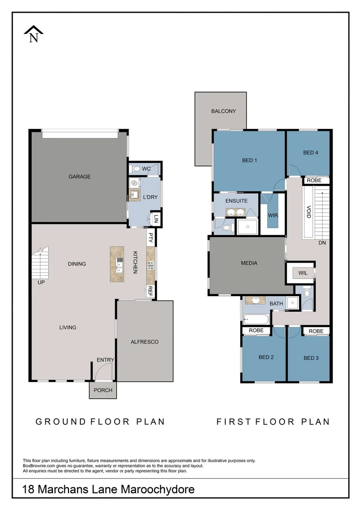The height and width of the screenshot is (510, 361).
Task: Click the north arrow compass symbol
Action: coord(34,34)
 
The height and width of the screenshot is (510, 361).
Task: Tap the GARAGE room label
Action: coord(79,177)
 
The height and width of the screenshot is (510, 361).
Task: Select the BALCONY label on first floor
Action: coord(223,111)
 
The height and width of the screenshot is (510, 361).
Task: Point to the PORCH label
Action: coord(103,391)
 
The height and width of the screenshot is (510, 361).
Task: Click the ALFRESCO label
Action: coord(145,342)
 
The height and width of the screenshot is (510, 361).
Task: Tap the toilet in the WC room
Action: coord(135,169)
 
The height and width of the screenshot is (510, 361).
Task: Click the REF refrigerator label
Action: coord(150,290)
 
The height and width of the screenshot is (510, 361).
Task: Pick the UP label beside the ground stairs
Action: coord(41,283)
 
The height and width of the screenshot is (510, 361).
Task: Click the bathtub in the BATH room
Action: coord(256,320)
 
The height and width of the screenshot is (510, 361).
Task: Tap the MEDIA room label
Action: coord(249,263)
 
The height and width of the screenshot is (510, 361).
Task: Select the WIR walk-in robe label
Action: coord(273,215)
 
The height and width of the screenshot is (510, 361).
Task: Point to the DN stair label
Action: coord(322,243)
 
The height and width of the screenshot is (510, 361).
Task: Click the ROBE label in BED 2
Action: coord(256,331)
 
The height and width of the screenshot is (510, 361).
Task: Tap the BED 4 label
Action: coord(310,153)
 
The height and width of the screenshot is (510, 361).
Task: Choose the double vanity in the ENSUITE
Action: coord(235,212)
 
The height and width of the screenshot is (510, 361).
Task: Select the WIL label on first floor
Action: coord(303,272)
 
